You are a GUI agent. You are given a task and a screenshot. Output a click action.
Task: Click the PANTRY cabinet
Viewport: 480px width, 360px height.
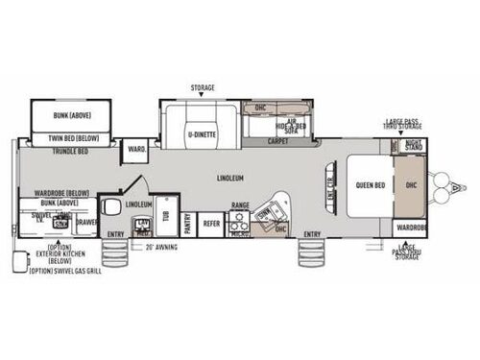point(188,223)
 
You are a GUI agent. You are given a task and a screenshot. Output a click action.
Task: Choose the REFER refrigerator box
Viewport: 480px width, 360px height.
point(211,223)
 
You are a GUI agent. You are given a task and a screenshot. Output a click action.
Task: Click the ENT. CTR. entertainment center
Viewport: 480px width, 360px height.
point(329,186)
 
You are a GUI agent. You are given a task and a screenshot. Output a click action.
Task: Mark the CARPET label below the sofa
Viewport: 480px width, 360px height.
point(277,141)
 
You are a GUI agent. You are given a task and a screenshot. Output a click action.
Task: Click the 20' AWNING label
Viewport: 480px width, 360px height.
point(159,247)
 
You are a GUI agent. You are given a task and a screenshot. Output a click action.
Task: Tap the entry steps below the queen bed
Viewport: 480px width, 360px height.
point(313,255)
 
